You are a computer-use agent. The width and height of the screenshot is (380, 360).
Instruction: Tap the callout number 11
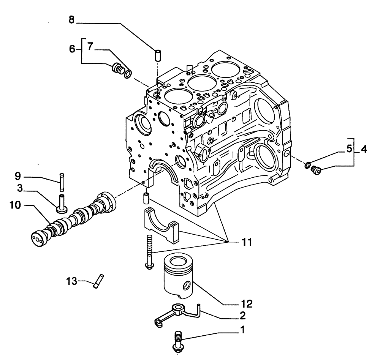click(242, 241)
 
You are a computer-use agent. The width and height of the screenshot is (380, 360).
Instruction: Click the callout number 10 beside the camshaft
click(15, 205)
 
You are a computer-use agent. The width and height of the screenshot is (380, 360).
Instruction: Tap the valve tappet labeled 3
click(60, 201)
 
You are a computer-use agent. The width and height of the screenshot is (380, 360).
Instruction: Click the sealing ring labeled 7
click(128, 73)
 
